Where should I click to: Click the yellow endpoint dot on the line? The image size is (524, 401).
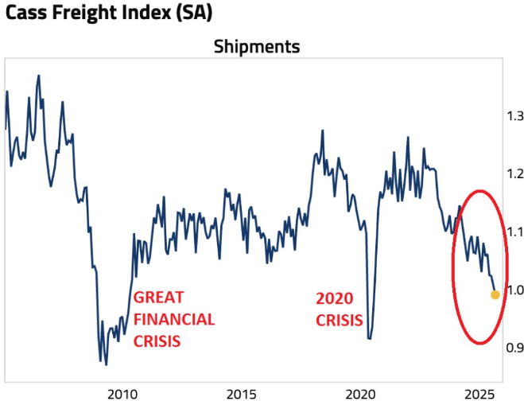[495, 294]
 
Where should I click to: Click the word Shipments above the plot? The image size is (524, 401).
[256, 47]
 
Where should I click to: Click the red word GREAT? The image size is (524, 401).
[159, 298]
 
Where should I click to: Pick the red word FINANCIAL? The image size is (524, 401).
[174, 319]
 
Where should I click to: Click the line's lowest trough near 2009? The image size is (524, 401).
[106, 364]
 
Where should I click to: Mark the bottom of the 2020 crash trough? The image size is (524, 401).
[370, 339]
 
